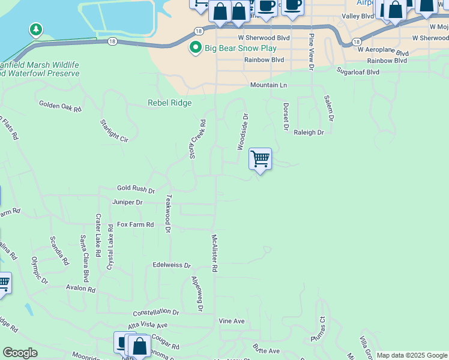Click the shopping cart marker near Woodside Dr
click(260, 160)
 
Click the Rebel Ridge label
click(170, 103)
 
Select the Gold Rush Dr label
click(136, 189)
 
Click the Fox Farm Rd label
click(135, 224)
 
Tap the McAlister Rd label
click(214, 253)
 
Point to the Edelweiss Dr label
click(171, 265)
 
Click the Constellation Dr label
click(156, 313)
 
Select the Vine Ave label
click(232, 321)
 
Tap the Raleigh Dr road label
click(309, 132)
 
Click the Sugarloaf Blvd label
click(358, 72)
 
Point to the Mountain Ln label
click(268, 85)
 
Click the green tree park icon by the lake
click(36, 29)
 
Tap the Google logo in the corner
click(20, 353)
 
